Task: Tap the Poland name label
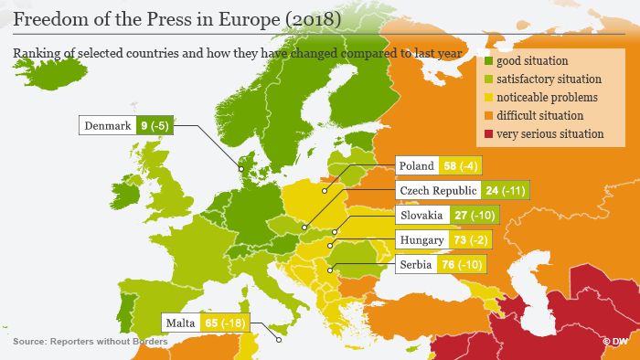tap(416, 166)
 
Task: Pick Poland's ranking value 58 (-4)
tap(461, 166)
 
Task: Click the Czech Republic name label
tap(437, 191)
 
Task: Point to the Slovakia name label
tap(421, 216)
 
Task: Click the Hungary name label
tap(421, 240)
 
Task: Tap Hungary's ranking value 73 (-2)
tap(469, 240)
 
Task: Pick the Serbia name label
tap(416, 265)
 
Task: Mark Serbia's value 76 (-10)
tap(463, 265)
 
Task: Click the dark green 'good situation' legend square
tap(488, 61)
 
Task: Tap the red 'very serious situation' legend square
tap(488, 133)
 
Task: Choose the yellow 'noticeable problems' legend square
tap(488, 98)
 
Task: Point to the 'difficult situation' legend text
tap(539, 116)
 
